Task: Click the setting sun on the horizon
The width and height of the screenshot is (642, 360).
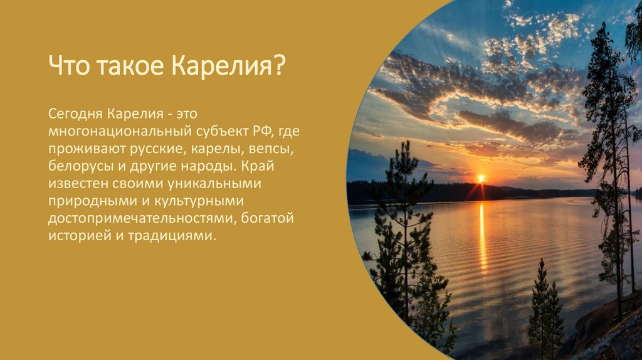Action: point(481,179)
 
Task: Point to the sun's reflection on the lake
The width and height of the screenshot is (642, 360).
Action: point(482,238)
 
